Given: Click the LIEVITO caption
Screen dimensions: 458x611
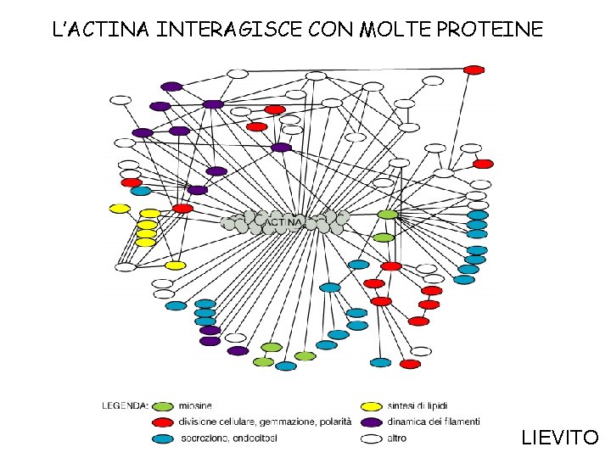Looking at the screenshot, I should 560,438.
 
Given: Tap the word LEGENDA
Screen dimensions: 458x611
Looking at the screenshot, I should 125,405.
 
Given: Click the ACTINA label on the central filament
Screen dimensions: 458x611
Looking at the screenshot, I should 285,223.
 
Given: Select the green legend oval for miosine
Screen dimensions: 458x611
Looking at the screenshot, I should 164,405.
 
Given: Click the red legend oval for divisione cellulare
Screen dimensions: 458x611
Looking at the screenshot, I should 164,422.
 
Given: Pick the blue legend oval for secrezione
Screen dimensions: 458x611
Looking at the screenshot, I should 164,438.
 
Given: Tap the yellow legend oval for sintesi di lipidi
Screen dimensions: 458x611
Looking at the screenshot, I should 371,405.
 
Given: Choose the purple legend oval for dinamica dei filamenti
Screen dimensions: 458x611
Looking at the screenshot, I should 371,422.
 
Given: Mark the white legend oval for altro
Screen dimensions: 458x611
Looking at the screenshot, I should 371,438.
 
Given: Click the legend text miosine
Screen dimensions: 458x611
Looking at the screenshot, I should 196,405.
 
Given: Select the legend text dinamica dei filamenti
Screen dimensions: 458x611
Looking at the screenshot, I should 433,422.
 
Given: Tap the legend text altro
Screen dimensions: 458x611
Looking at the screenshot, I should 396,438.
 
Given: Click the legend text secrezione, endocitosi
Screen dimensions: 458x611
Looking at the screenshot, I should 229,438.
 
